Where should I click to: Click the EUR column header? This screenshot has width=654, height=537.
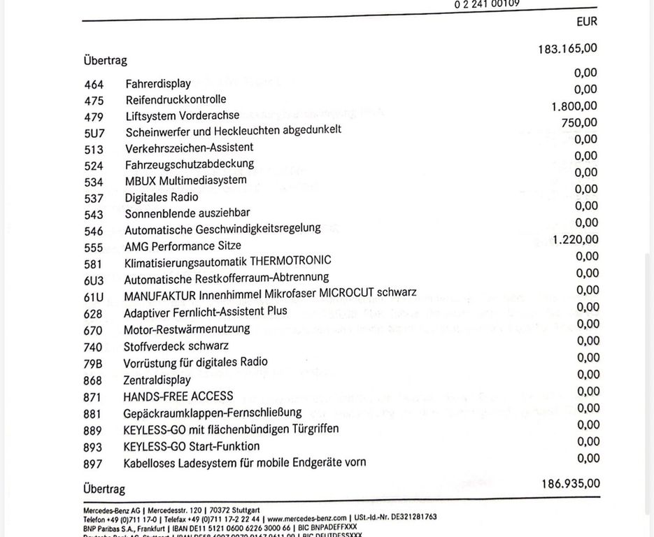click(x=587, y=22)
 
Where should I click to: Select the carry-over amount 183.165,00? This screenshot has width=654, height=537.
click(x=568, y=49)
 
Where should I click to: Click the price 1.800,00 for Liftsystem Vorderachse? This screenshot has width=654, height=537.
click(x=574, y=106)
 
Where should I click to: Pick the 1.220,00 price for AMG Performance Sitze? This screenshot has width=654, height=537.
click(x=575, y=240)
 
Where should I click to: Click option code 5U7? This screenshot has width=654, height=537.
click(x=93, y=134)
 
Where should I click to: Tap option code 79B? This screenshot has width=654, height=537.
click(x=93, y=364)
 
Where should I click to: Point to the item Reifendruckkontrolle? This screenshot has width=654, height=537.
click(x=176, y=100)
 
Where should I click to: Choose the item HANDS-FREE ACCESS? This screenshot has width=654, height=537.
click(x=178, y=396)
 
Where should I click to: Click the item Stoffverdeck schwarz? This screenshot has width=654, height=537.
click(x=176, y=346)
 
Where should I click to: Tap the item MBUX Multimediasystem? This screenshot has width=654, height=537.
click(x=185, y=180)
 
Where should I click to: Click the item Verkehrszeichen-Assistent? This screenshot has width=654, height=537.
click(x=189, y=148)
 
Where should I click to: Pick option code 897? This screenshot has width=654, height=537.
click(x=93, y=464)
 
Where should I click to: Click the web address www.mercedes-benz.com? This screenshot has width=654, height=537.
click(x=306, y=517)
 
